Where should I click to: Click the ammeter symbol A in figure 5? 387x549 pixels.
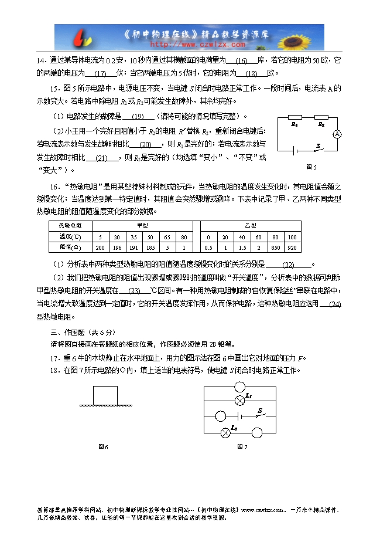click(337, 134)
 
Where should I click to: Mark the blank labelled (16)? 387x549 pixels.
click(241, 61)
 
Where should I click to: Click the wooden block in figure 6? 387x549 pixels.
click(105, 395)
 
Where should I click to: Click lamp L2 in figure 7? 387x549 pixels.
click(224, 433)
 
